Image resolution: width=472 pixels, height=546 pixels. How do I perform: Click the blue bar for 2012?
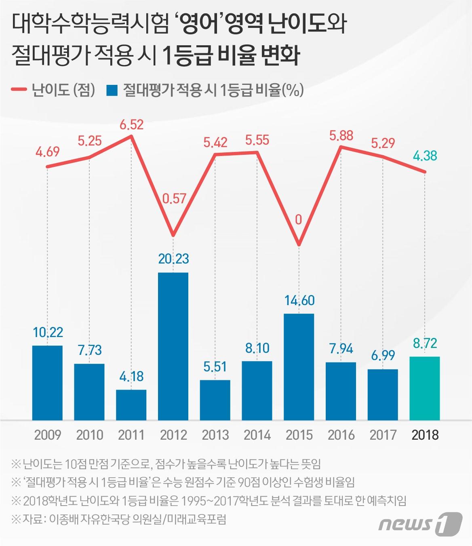pos(173,346)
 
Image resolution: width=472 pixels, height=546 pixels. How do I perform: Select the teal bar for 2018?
pos(424,388)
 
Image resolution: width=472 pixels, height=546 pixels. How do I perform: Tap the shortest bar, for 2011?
pos(131,405)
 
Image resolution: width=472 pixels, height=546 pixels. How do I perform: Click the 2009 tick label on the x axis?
pos(47,435)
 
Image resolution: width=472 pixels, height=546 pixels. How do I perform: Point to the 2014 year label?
pos(257,435)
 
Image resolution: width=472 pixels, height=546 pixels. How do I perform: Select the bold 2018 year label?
pos(425,435)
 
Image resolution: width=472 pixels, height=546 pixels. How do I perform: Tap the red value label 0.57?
pos(174,198)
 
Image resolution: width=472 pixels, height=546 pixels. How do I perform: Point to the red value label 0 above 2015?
pos(299,220)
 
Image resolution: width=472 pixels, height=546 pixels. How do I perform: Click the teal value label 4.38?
pos(425,156)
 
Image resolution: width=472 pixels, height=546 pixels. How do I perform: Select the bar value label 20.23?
pos(173,259)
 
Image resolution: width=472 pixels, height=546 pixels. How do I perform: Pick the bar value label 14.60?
pos(299,300)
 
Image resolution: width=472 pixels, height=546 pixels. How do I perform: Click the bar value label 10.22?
pos(48,332)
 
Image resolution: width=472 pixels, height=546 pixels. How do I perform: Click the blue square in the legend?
pos(112,90)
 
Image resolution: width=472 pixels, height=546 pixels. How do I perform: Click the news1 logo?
pos(420,523)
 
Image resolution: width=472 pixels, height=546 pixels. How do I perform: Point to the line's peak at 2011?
pos(131,136)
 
